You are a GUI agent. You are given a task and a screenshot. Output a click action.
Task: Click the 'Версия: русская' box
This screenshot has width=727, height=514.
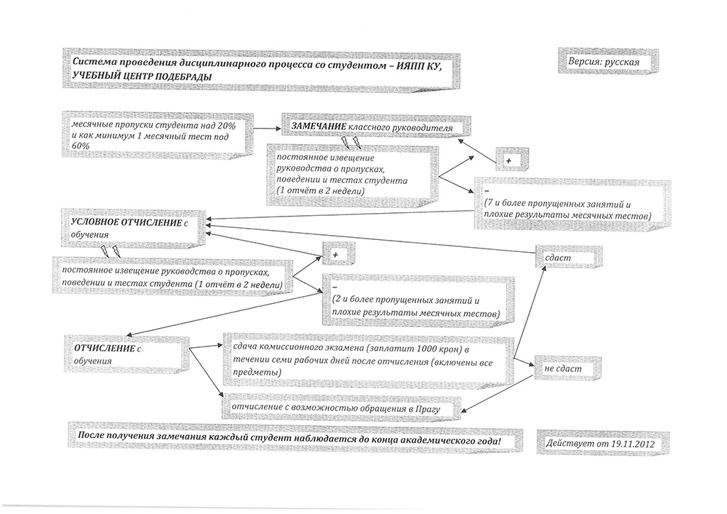point(608,61)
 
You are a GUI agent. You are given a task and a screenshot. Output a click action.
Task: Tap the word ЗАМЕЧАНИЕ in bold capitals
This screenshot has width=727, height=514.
point(319,126)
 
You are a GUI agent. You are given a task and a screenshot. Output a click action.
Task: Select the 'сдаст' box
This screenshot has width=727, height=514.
point(569,257)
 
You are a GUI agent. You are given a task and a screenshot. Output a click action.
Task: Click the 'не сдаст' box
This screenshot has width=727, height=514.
point(568,368)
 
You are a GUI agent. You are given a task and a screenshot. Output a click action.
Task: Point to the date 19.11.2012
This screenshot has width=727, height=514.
point(633,444)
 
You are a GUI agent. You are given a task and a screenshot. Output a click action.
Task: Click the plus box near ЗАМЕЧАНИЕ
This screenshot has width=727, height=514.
point(512,160)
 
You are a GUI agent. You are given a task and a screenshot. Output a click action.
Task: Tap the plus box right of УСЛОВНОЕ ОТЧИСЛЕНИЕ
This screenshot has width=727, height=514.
point(339,254)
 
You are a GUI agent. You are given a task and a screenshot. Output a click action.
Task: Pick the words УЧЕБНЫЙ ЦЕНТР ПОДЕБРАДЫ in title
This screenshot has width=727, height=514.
point(142,76)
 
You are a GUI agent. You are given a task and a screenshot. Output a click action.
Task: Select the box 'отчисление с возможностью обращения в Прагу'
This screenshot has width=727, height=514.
point(341,408)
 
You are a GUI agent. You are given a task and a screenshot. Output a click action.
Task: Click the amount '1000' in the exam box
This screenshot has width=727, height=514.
point(427,349)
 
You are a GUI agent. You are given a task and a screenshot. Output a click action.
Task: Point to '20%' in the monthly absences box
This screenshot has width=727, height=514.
point(226,126)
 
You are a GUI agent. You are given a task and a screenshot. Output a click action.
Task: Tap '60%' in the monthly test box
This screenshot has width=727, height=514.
point(81,146)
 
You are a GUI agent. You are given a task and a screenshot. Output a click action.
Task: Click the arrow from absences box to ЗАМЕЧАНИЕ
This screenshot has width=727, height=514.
point(268,128)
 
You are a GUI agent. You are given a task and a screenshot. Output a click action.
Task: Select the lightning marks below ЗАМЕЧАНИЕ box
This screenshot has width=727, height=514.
point(351,142)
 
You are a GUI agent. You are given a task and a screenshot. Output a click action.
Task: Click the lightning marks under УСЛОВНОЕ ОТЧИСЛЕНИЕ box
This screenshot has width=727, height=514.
point(110,251)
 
